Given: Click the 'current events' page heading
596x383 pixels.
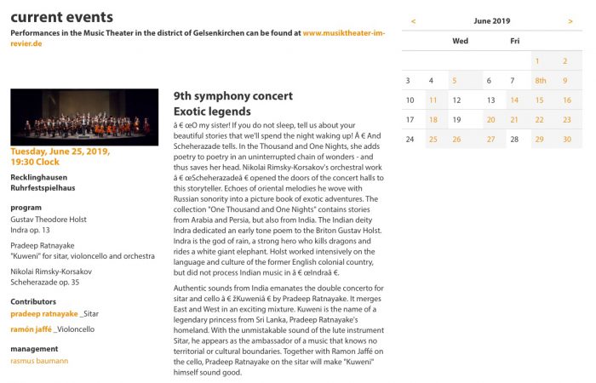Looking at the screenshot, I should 61,17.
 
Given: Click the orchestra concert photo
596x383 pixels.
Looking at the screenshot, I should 84,117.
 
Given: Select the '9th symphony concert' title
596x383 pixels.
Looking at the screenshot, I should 232,96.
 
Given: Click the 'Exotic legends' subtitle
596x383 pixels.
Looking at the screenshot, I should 212,111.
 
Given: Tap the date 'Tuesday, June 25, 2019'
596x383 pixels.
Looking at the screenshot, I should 60,151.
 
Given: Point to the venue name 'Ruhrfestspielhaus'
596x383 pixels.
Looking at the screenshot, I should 43,187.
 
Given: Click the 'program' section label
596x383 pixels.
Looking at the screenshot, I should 26,208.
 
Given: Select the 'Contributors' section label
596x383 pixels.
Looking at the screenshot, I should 33,301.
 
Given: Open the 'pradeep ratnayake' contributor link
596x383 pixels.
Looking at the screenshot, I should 43,313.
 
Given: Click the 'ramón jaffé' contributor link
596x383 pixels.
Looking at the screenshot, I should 32,329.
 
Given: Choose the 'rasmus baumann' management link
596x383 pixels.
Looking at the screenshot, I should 39,361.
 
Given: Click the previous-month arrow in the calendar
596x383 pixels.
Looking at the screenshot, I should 413,20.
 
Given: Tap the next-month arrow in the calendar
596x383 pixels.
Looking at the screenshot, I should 570,20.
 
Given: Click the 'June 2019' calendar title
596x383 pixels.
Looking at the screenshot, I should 491,20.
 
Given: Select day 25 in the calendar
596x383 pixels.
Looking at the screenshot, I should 433,140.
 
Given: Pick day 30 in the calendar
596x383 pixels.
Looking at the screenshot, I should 567,140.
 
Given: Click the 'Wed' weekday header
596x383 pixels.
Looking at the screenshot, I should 460,41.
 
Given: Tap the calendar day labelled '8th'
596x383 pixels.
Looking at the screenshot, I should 540,81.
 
